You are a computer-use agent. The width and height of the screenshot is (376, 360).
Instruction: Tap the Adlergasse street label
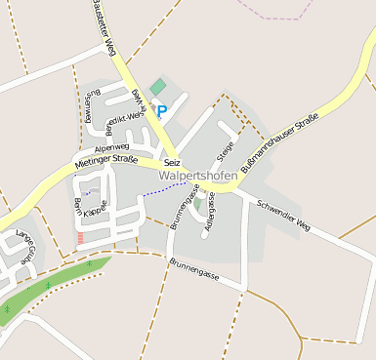(210, 215)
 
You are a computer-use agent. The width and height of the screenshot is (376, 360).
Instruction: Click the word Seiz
(173, 161)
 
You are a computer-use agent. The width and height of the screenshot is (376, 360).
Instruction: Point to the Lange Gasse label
(25, 241)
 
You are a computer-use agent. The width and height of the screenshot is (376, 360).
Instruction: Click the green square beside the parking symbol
(157, 87)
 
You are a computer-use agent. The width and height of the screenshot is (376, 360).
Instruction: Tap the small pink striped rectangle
(80, 238)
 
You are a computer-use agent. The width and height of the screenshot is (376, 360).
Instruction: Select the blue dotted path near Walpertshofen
(163, 189)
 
